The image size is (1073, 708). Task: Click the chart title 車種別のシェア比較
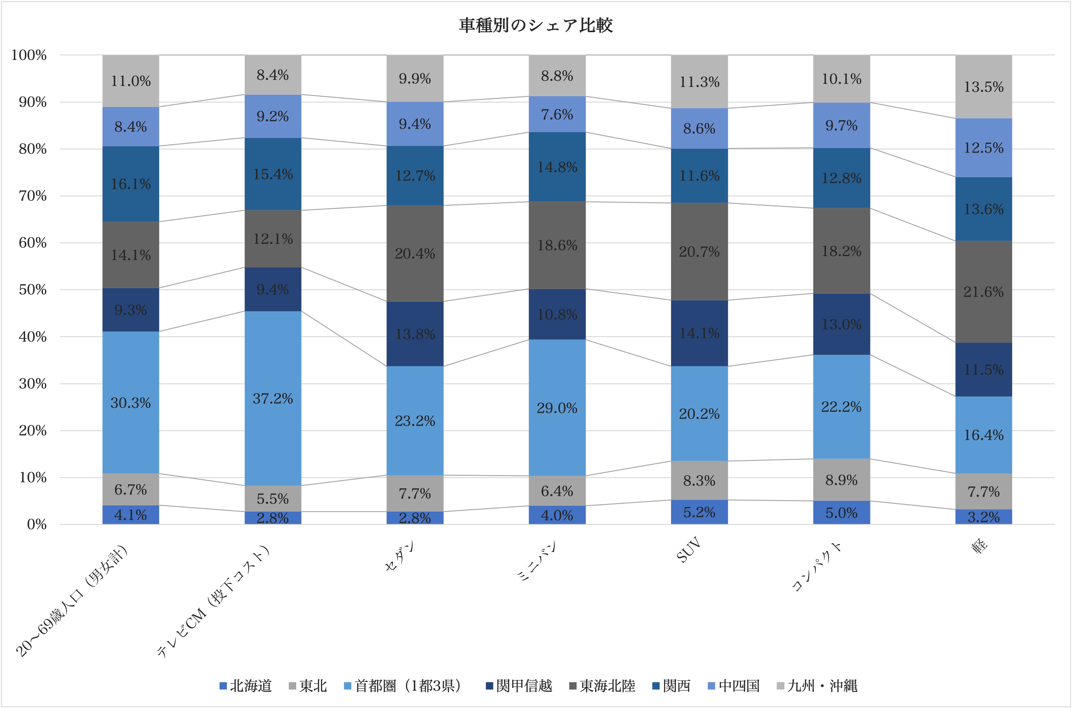[536, 25]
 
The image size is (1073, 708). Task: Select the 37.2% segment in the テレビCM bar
[273, 398]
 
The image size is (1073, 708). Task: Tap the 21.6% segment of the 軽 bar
[983, 292]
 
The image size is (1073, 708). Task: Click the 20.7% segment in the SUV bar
[699, 252]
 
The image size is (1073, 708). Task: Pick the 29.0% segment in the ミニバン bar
[557, 408]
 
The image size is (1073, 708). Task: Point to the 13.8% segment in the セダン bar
[415, 334]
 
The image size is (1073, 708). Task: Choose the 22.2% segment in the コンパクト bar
[841, 406]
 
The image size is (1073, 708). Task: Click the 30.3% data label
[131, 402]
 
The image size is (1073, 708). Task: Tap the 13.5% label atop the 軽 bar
[984, 87]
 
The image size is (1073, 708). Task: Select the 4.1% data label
[131, 515]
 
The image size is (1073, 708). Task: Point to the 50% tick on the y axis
[32, 290]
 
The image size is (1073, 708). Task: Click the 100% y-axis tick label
[29, 55]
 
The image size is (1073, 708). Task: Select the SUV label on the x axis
[689, 550]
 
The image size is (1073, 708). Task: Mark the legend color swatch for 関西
[656, 686]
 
